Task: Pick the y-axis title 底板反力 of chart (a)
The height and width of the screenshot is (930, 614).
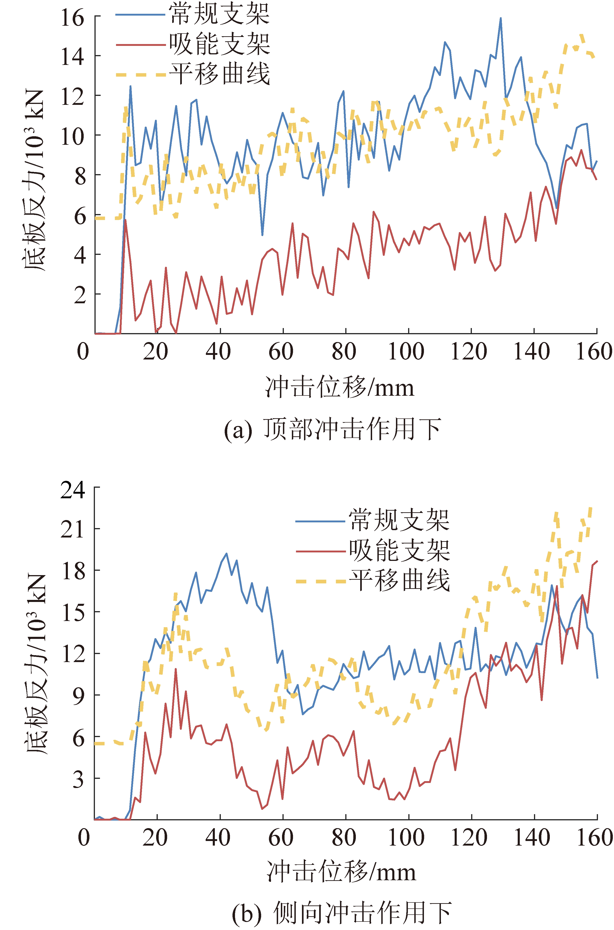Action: coord(34,180)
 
